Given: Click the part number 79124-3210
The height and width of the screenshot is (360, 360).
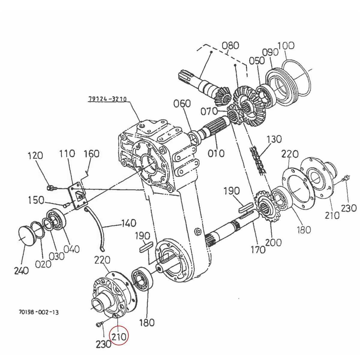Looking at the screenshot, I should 107,99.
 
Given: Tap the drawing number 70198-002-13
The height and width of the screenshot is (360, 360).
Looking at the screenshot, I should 39,312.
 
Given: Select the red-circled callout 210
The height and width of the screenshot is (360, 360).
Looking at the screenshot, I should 119,337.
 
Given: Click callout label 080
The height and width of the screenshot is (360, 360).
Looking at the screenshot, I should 230,46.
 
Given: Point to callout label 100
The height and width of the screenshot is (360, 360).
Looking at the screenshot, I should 286,46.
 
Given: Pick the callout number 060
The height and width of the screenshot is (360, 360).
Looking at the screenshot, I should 182,104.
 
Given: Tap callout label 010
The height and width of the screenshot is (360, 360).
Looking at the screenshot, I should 216,153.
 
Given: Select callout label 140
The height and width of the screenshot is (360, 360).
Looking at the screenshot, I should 129,223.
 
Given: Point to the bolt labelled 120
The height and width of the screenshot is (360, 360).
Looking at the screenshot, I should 51,188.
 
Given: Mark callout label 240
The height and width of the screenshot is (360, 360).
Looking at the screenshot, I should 21,271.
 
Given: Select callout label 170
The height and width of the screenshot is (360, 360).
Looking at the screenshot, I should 258,249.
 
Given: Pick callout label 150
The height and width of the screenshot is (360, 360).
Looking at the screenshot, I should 36,200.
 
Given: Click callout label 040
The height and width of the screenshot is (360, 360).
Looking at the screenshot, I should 71,249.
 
